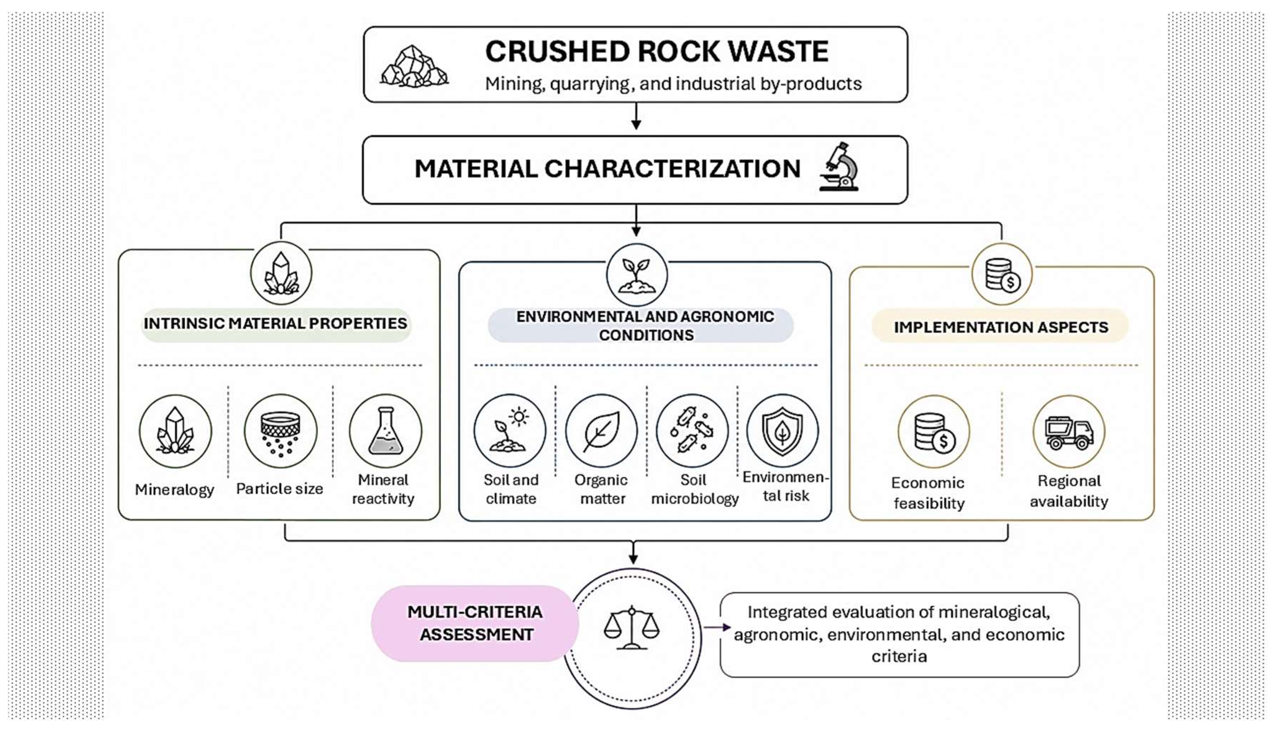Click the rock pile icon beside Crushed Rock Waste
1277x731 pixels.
click(x=414, y=67)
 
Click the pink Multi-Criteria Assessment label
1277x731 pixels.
click(x=475, y=623)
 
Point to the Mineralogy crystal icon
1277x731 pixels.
click(x=175, y=431)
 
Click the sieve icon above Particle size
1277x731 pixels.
click(x=281, y=431)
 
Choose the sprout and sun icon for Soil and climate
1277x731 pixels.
click(x=510, y=431)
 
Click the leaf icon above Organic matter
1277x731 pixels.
click(x=601, y=431)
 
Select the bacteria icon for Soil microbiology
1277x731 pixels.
click(x=692, y=431)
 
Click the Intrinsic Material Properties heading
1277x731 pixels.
click(x=276, y=324)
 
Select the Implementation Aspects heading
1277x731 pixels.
click(x=1001, y=327)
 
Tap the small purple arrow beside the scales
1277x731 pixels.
click(x=717, y=627)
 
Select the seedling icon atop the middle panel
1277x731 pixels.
click(x=637, y=275)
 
